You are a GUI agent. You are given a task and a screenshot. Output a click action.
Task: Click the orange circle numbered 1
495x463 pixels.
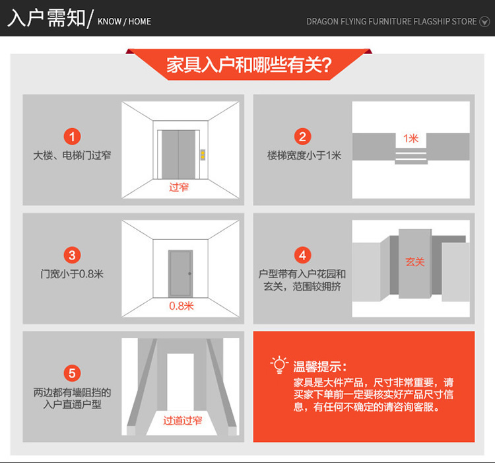coord(73,137)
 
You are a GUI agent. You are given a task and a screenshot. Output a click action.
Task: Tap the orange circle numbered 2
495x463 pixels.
coord(302,137)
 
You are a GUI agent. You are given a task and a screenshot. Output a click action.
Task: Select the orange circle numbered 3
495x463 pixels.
coord(73,255)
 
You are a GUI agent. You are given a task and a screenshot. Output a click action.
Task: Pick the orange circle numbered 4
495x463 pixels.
coord(302,255)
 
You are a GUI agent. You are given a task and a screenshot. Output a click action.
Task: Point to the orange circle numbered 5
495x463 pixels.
coord(73,373)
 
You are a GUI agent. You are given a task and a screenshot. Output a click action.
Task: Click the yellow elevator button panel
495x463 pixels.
coord(203,155)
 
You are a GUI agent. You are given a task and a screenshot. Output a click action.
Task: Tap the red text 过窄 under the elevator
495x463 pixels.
coord(179,188)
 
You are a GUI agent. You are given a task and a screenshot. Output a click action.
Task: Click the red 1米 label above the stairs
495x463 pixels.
coord(411,138)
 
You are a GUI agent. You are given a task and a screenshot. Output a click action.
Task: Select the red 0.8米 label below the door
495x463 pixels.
coord(181,306)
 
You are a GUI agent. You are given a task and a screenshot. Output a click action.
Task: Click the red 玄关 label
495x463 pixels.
coord(415,262)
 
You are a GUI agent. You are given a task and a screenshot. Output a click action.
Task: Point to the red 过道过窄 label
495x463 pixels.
coord(182,420)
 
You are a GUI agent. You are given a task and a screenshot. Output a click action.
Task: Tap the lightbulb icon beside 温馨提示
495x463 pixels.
coord(279,365)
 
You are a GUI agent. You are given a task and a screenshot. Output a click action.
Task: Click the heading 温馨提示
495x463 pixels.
coord(320,367)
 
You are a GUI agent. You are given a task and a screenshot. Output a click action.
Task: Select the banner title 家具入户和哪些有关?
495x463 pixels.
coord(249,65)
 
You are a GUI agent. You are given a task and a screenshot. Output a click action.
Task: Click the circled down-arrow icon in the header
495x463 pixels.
coord(484,22)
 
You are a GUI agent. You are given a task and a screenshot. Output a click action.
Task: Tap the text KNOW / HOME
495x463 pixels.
coord(124,22)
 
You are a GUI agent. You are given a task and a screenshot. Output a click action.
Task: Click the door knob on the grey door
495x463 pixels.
coord(189,273)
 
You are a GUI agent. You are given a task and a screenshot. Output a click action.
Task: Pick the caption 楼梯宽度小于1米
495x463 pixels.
coord(304,155)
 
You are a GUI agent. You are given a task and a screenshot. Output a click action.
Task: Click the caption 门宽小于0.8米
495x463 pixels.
coord(72,274)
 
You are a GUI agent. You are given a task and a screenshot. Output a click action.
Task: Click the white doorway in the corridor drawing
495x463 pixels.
coord(180,382)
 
